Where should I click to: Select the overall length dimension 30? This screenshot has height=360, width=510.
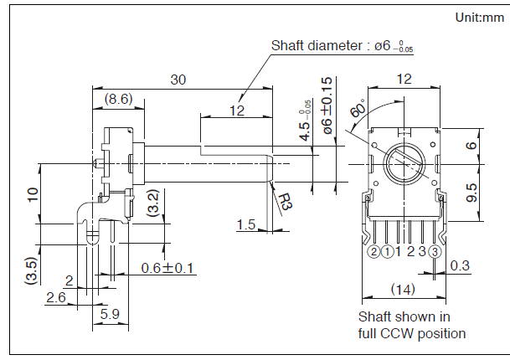click(178, 80)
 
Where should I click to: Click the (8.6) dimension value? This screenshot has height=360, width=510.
click(117, 99)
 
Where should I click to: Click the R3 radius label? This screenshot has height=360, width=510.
click(286, 201)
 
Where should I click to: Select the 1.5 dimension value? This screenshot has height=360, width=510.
click(245, 224)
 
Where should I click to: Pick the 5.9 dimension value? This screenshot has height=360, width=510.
click(110, 314)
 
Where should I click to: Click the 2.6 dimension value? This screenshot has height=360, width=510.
click(56, 297)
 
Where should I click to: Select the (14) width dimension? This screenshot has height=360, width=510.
click(404, 289)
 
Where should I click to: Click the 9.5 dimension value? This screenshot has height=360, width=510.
click(472, 193)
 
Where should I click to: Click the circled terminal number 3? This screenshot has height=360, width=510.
click(435, 251)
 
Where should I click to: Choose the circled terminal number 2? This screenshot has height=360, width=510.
click(373, 251)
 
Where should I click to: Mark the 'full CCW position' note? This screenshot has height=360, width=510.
click(412, 333)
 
